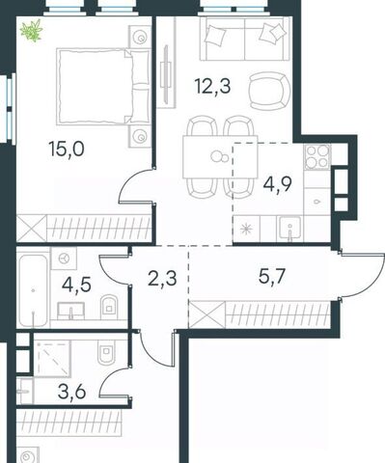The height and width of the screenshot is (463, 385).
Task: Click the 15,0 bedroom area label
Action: tap(67, 150)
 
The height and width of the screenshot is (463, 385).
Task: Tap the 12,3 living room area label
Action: tap(212, 87)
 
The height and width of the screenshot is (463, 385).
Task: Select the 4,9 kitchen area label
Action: tap(278, 184)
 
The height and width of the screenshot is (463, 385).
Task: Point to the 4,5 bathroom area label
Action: tap(76, 285)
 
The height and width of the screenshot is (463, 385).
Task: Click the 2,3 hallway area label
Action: tap(162, 278)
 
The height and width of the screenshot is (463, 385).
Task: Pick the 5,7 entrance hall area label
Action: tap(272, 276)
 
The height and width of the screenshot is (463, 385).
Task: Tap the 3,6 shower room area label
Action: tap(72, 392)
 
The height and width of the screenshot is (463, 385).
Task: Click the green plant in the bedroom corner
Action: tap(32, 31)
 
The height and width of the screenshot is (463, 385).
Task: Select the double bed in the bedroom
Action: tap(103, 87)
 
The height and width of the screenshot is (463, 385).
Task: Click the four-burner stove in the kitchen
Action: tap(317, 157)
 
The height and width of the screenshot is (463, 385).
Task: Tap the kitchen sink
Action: tap(290, 229)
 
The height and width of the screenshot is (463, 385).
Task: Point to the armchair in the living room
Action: tap(269, 91)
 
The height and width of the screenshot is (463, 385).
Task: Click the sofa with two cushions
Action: tap(244, 39)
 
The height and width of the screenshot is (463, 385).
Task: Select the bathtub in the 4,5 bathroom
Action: tap(34, 289)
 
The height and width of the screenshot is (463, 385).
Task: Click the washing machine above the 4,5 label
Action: tap(64, 259)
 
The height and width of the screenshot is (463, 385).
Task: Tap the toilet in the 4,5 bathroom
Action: tap(109, 305)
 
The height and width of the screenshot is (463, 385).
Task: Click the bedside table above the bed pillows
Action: tap(140, 37)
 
